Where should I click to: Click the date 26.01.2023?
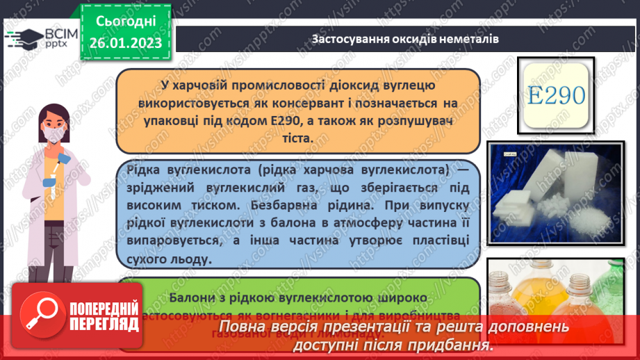126,43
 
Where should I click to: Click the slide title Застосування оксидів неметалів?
404,39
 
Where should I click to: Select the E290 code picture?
557,95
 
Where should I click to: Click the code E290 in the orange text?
281,120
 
